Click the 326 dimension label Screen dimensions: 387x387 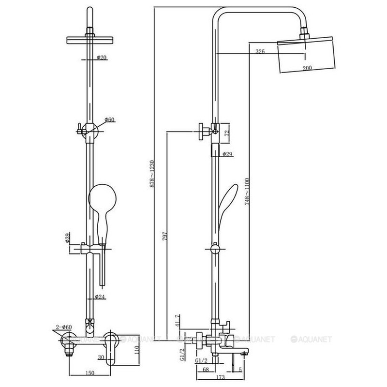pos(260,51)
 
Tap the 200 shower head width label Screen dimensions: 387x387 pos(307,68)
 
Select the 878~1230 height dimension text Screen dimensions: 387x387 pos(152,174)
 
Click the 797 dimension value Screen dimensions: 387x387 pos(165,236)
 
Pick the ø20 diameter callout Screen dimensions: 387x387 pos(102,58)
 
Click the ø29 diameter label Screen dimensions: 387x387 pos(227,154)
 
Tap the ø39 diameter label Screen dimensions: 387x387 pos(68,238)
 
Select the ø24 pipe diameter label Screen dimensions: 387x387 pos(100,297)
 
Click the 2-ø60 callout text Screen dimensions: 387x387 pos(64,327)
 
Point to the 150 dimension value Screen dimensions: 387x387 pos(89,373)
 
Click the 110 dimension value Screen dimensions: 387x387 pos(137,350)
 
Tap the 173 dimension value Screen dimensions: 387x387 pos(220,377)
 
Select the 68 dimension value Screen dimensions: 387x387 pos(206,370)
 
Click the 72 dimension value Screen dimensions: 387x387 pos(227,132)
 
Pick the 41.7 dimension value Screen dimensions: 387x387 pos(178,321)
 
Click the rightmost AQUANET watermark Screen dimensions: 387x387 pos(311,340)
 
